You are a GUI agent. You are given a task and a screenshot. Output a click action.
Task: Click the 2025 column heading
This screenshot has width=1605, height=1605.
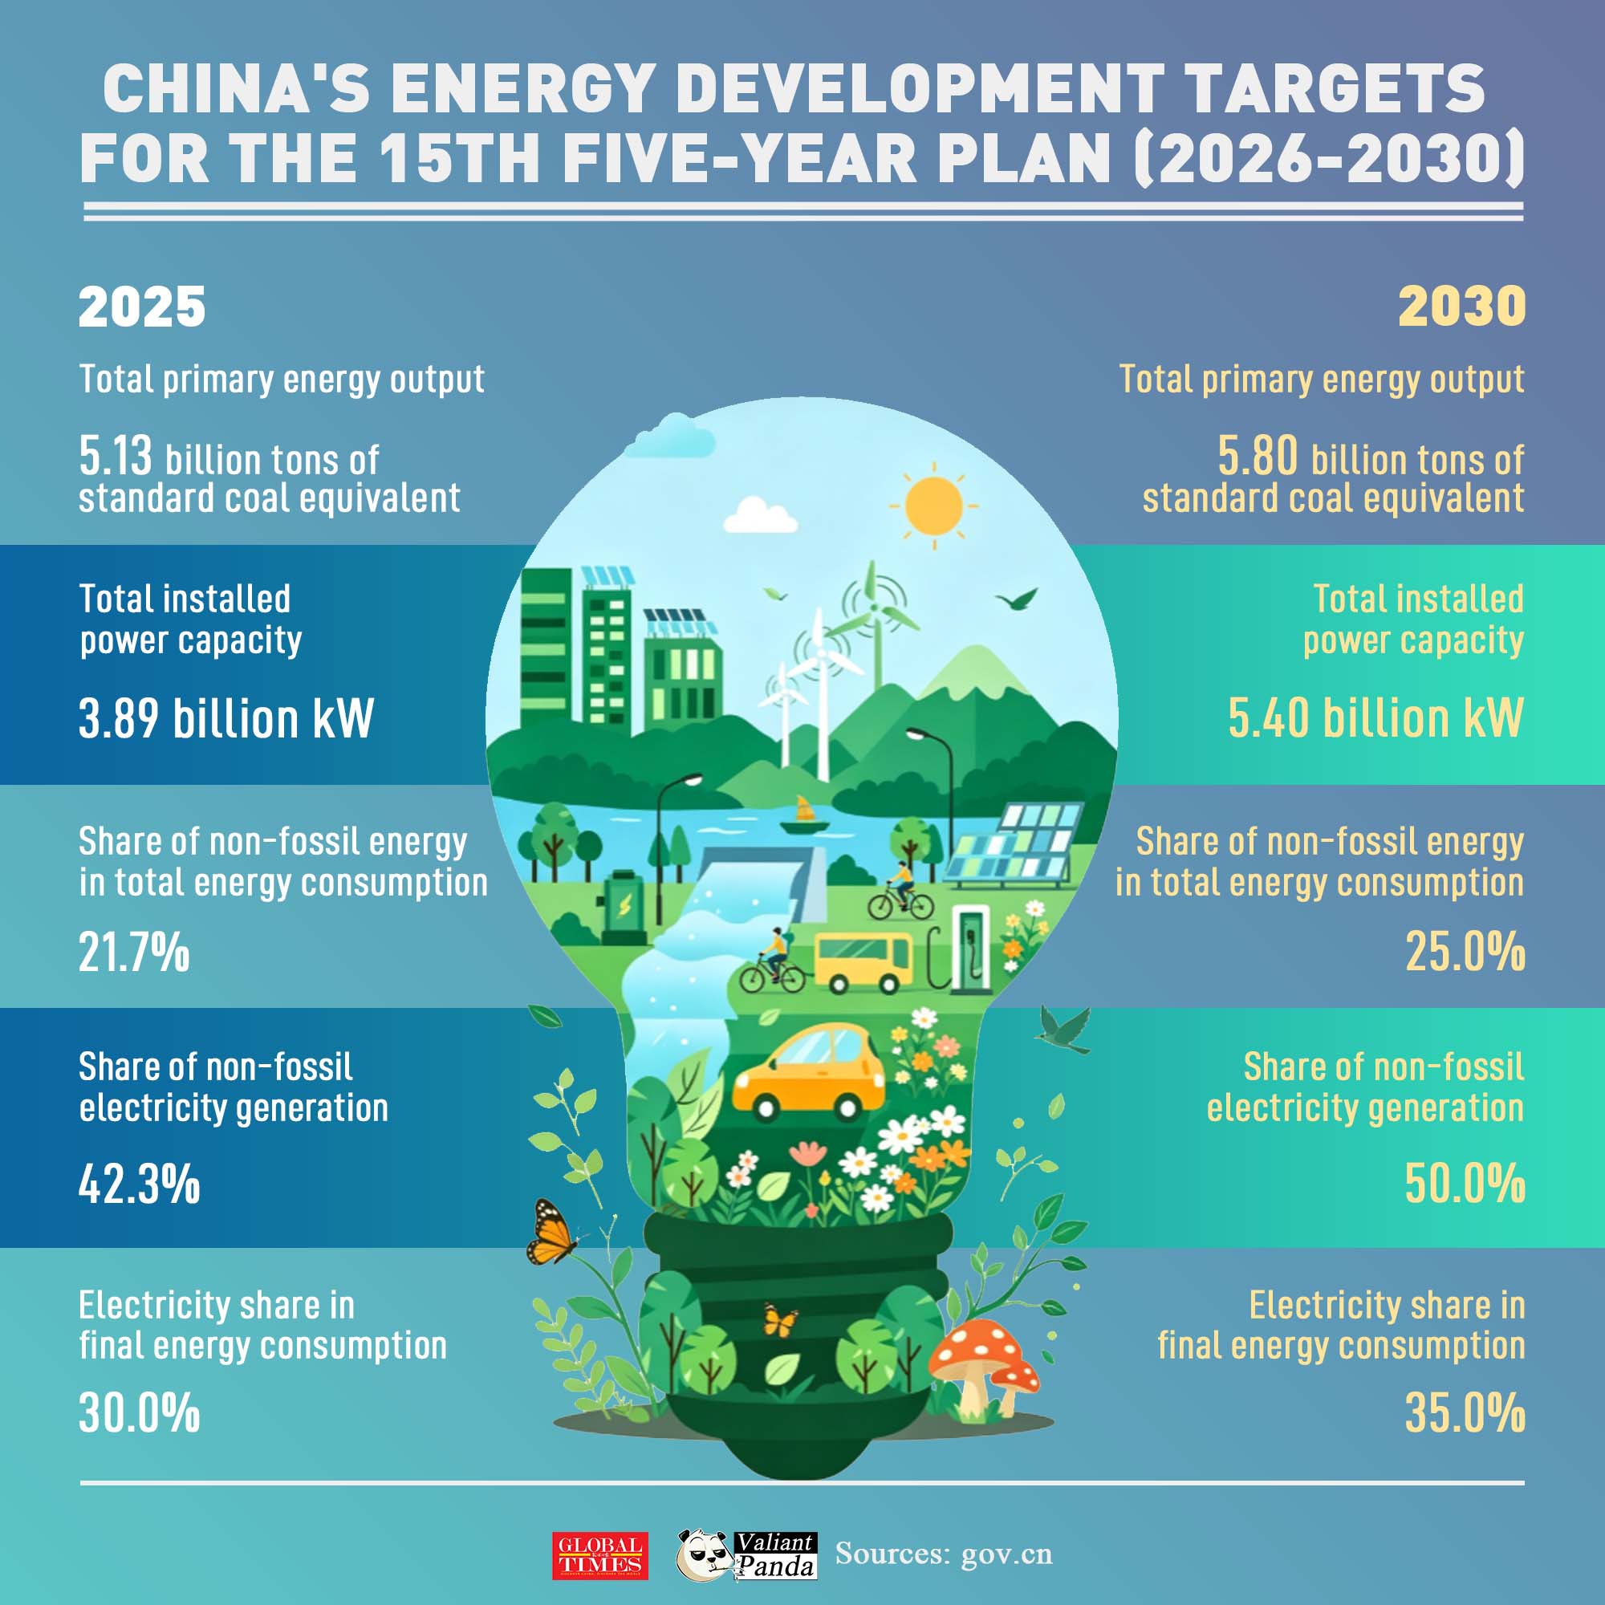[142, 307]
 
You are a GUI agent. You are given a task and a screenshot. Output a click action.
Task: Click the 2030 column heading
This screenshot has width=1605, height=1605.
[1462, 307]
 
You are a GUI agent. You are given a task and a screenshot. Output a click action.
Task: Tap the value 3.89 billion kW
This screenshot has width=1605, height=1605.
[227, 717]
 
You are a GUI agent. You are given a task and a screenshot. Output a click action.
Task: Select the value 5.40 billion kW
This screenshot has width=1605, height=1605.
[1376, 717]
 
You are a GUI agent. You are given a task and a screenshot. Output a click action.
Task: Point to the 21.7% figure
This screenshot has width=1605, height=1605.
[135, 952]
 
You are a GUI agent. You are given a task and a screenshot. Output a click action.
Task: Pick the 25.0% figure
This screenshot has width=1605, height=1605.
[1465, 952]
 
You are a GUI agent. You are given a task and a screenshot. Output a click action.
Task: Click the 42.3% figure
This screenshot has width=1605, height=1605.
[140, 1184]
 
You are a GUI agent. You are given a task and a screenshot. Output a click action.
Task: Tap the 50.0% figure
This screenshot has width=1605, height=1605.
[1465, 1184]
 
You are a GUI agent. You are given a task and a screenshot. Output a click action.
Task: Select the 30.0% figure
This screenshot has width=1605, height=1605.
[140, 1412]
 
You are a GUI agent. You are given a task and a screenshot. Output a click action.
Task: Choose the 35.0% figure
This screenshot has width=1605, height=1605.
[1465, 1412]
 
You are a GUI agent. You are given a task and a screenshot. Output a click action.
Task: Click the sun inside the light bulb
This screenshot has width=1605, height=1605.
[935, 506]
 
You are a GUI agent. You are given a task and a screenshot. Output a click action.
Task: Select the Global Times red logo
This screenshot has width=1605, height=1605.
[599, 1555]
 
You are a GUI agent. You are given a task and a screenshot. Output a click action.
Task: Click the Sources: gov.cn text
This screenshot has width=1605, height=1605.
[944, 1554]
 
